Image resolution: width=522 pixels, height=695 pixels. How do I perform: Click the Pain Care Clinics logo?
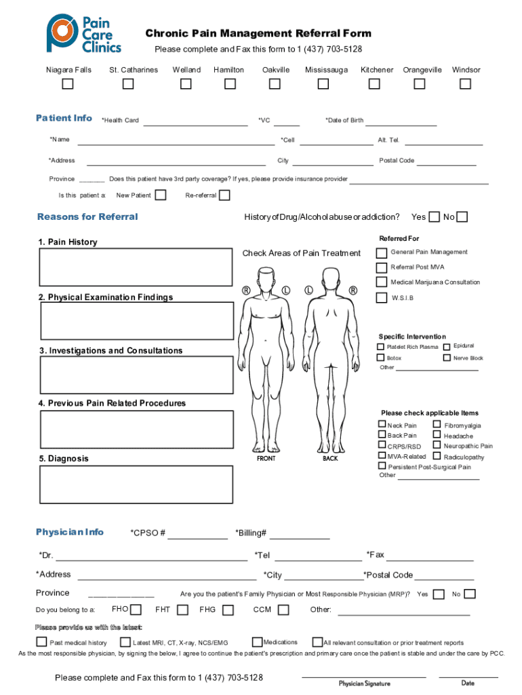coord(83,34)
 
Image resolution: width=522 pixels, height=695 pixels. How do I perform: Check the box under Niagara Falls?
coord(68,84)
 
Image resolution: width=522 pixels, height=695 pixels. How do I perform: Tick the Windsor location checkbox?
coord(465,84)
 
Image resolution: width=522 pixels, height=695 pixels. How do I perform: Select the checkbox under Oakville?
coord(275,84)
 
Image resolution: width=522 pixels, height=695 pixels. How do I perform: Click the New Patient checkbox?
coord(161,195)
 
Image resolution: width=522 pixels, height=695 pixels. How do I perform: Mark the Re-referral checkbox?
coord(224,195)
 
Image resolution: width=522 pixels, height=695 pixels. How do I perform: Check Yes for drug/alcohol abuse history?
coord(435,217)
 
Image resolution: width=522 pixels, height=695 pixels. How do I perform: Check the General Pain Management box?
coord(382,252)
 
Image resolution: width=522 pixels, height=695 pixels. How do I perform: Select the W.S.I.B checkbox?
coord(382,298)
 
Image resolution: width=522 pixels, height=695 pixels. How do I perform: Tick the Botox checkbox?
coord(382,358)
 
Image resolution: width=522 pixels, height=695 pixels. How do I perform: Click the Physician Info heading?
coord(70,532)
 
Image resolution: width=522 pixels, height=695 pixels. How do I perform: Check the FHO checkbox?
coord(136,609)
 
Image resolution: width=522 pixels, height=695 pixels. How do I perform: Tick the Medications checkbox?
coord(257,642)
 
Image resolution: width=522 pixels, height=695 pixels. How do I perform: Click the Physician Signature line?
coord(364,677)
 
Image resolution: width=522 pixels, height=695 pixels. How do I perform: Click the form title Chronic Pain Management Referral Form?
coord(258,34)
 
